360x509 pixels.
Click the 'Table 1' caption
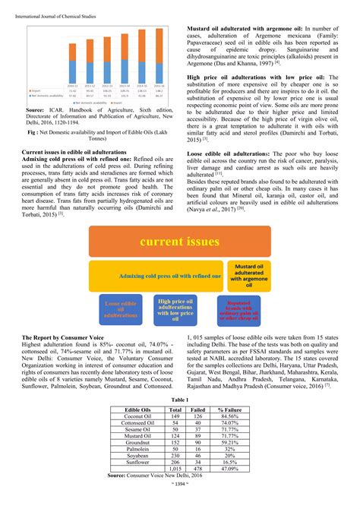179,398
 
